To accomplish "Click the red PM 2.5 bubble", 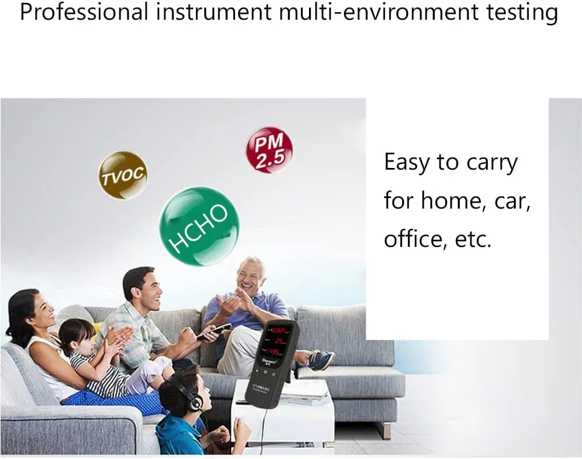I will (269, 150).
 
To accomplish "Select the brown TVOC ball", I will (122, 175).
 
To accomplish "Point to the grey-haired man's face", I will (250, 278).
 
